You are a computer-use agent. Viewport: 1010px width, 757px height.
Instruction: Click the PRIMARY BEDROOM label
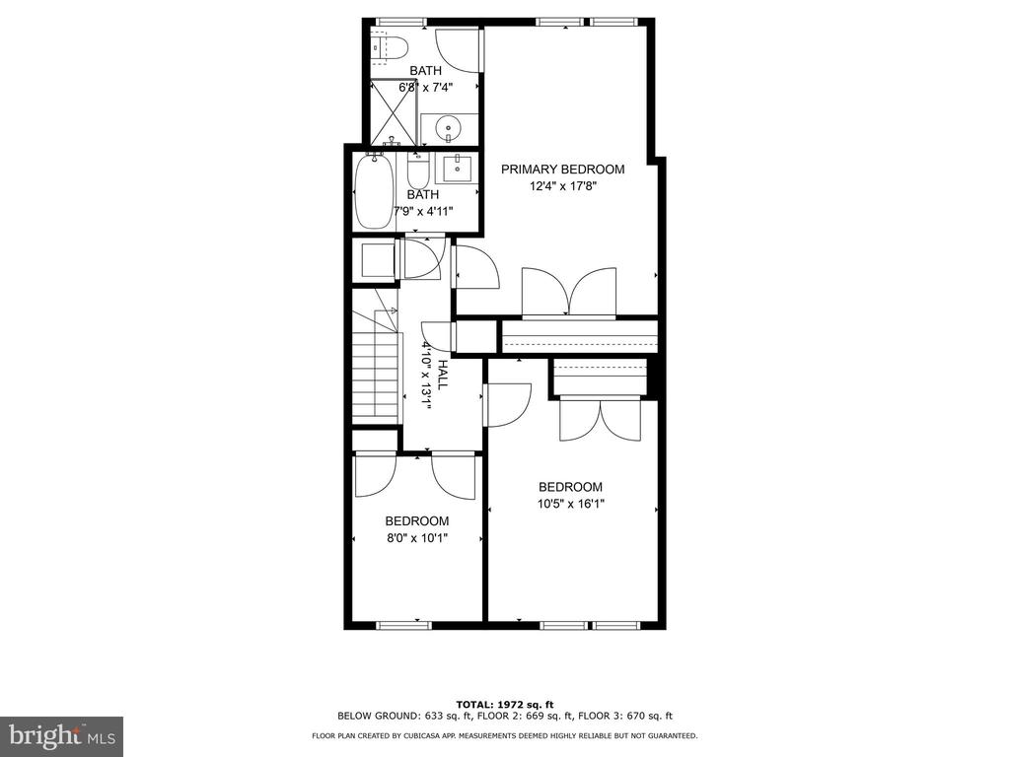(563, 170)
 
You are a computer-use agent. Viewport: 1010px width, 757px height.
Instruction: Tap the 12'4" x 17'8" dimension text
(563, 186)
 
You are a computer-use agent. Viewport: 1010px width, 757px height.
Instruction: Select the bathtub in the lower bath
(374, 191)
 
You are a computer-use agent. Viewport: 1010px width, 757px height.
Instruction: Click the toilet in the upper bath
(391, 47)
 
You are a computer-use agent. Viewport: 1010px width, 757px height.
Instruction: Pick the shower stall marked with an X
(394, 111)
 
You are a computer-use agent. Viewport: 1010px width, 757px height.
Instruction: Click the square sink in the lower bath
(458, 169)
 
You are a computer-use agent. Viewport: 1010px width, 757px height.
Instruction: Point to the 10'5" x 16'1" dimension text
(571, 504)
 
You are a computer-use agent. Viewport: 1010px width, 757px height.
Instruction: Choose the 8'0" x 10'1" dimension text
(417, 538)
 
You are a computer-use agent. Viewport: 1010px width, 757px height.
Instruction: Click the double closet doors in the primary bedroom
(569, 293)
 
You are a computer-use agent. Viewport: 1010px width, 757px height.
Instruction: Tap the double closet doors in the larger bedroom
(601, 419)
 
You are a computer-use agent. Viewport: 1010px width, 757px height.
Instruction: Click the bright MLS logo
(61, 736)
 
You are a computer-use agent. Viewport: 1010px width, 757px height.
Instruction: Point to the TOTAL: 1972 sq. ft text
(505, 705)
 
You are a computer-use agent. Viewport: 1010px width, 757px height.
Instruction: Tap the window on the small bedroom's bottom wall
(403, 624)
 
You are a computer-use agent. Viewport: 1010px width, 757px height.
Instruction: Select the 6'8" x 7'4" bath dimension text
(426, 88)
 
